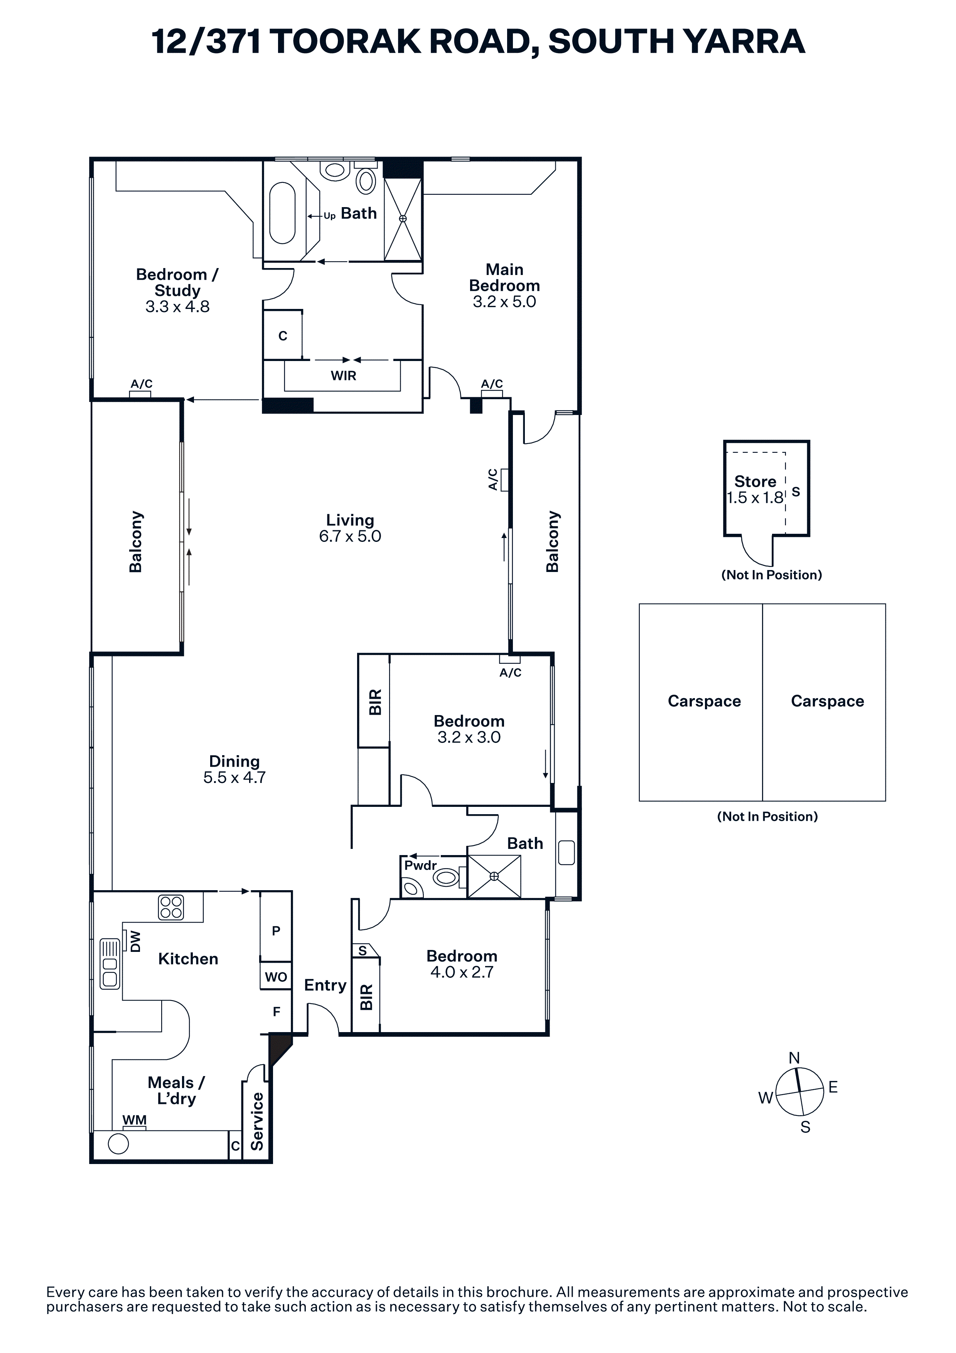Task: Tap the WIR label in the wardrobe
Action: click(x=343, y=375)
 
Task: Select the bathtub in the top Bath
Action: click(x=282, y=213)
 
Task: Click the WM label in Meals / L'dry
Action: click(x=134, y=1120)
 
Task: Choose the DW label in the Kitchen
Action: click(x=135, y=941)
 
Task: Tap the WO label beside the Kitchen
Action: click(x=276, y=977)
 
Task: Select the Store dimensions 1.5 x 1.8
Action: click(x=755, y=498)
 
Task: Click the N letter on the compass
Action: click(x=794, y=1058)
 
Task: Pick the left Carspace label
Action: click(x=704, y=701)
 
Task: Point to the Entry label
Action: click(x=325, y=985)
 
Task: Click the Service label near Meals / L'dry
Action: click(x=257, y=1122)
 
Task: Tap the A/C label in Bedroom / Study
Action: click(x=142, y=384)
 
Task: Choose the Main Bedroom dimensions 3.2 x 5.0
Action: click(x=504, y=302)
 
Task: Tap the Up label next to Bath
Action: click(x=329, y=216)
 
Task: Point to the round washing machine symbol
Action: click(x=118, y=1144)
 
